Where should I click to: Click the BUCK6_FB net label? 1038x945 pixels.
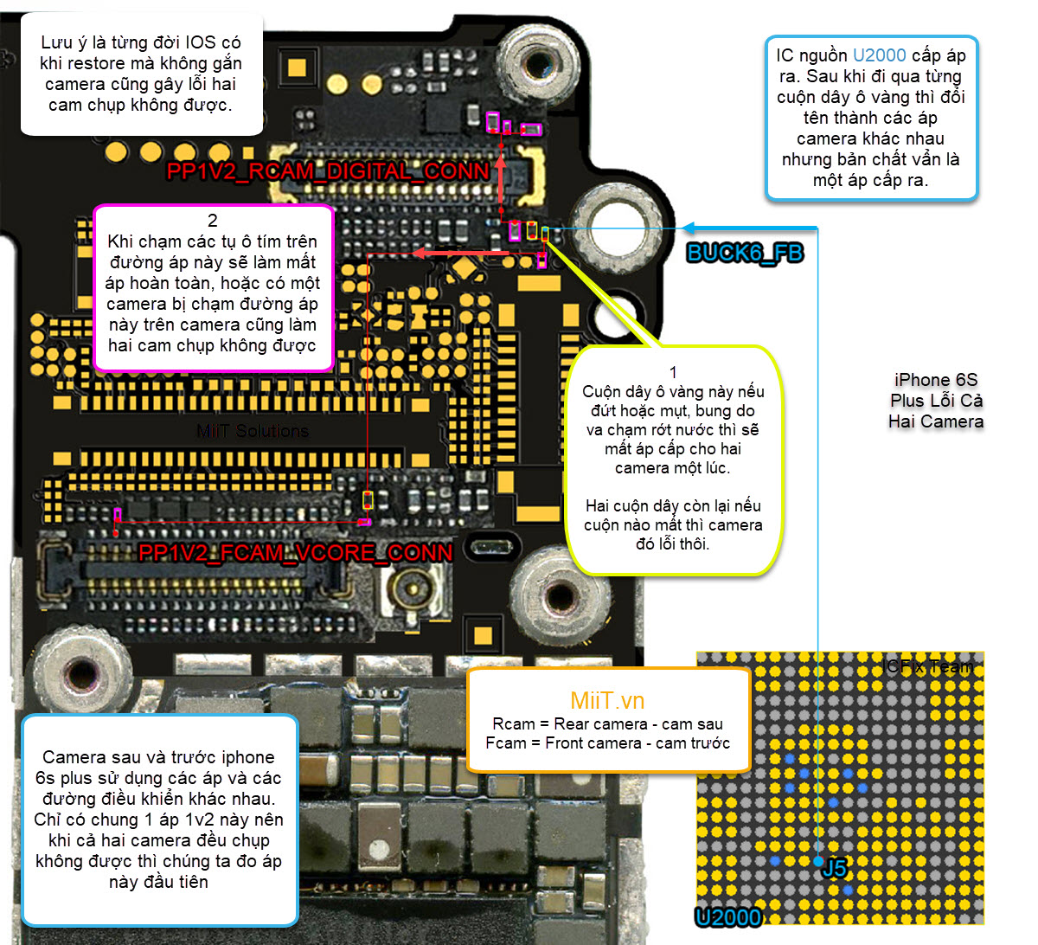(x=745, y=253)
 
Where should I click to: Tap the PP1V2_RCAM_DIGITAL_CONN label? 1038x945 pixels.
(x=328, y=171)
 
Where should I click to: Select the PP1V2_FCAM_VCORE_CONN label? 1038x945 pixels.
(x=295, y=553)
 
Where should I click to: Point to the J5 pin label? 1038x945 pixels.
(x=835, y=868)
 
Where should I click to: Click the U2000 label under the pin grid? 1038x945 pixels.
(x=728, y=917)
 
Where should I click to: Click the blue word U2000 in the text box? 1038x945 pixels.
(x=879, y=55)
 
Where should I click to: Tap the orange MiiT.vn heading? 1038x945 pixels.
(x=607, y=701)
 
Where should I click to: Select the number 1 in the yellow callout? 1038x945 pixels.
(x=673, y=372)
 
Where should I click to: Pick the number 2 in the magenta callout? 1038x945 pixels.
(x=213, y=221)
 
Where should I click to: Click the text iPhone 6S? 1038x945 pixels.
(x=936, y=380)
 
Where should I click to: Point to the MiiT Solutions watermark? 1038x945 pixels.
(x=253, y=431)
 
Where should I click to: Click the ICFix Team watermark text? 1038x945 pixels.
(x=927, y=666)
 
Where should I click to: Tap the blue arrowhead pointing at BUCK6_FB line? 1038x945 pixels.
(x=688, y=228)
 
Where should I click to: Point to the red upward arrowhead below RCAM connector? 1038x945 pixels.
(x=501, y=164)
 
